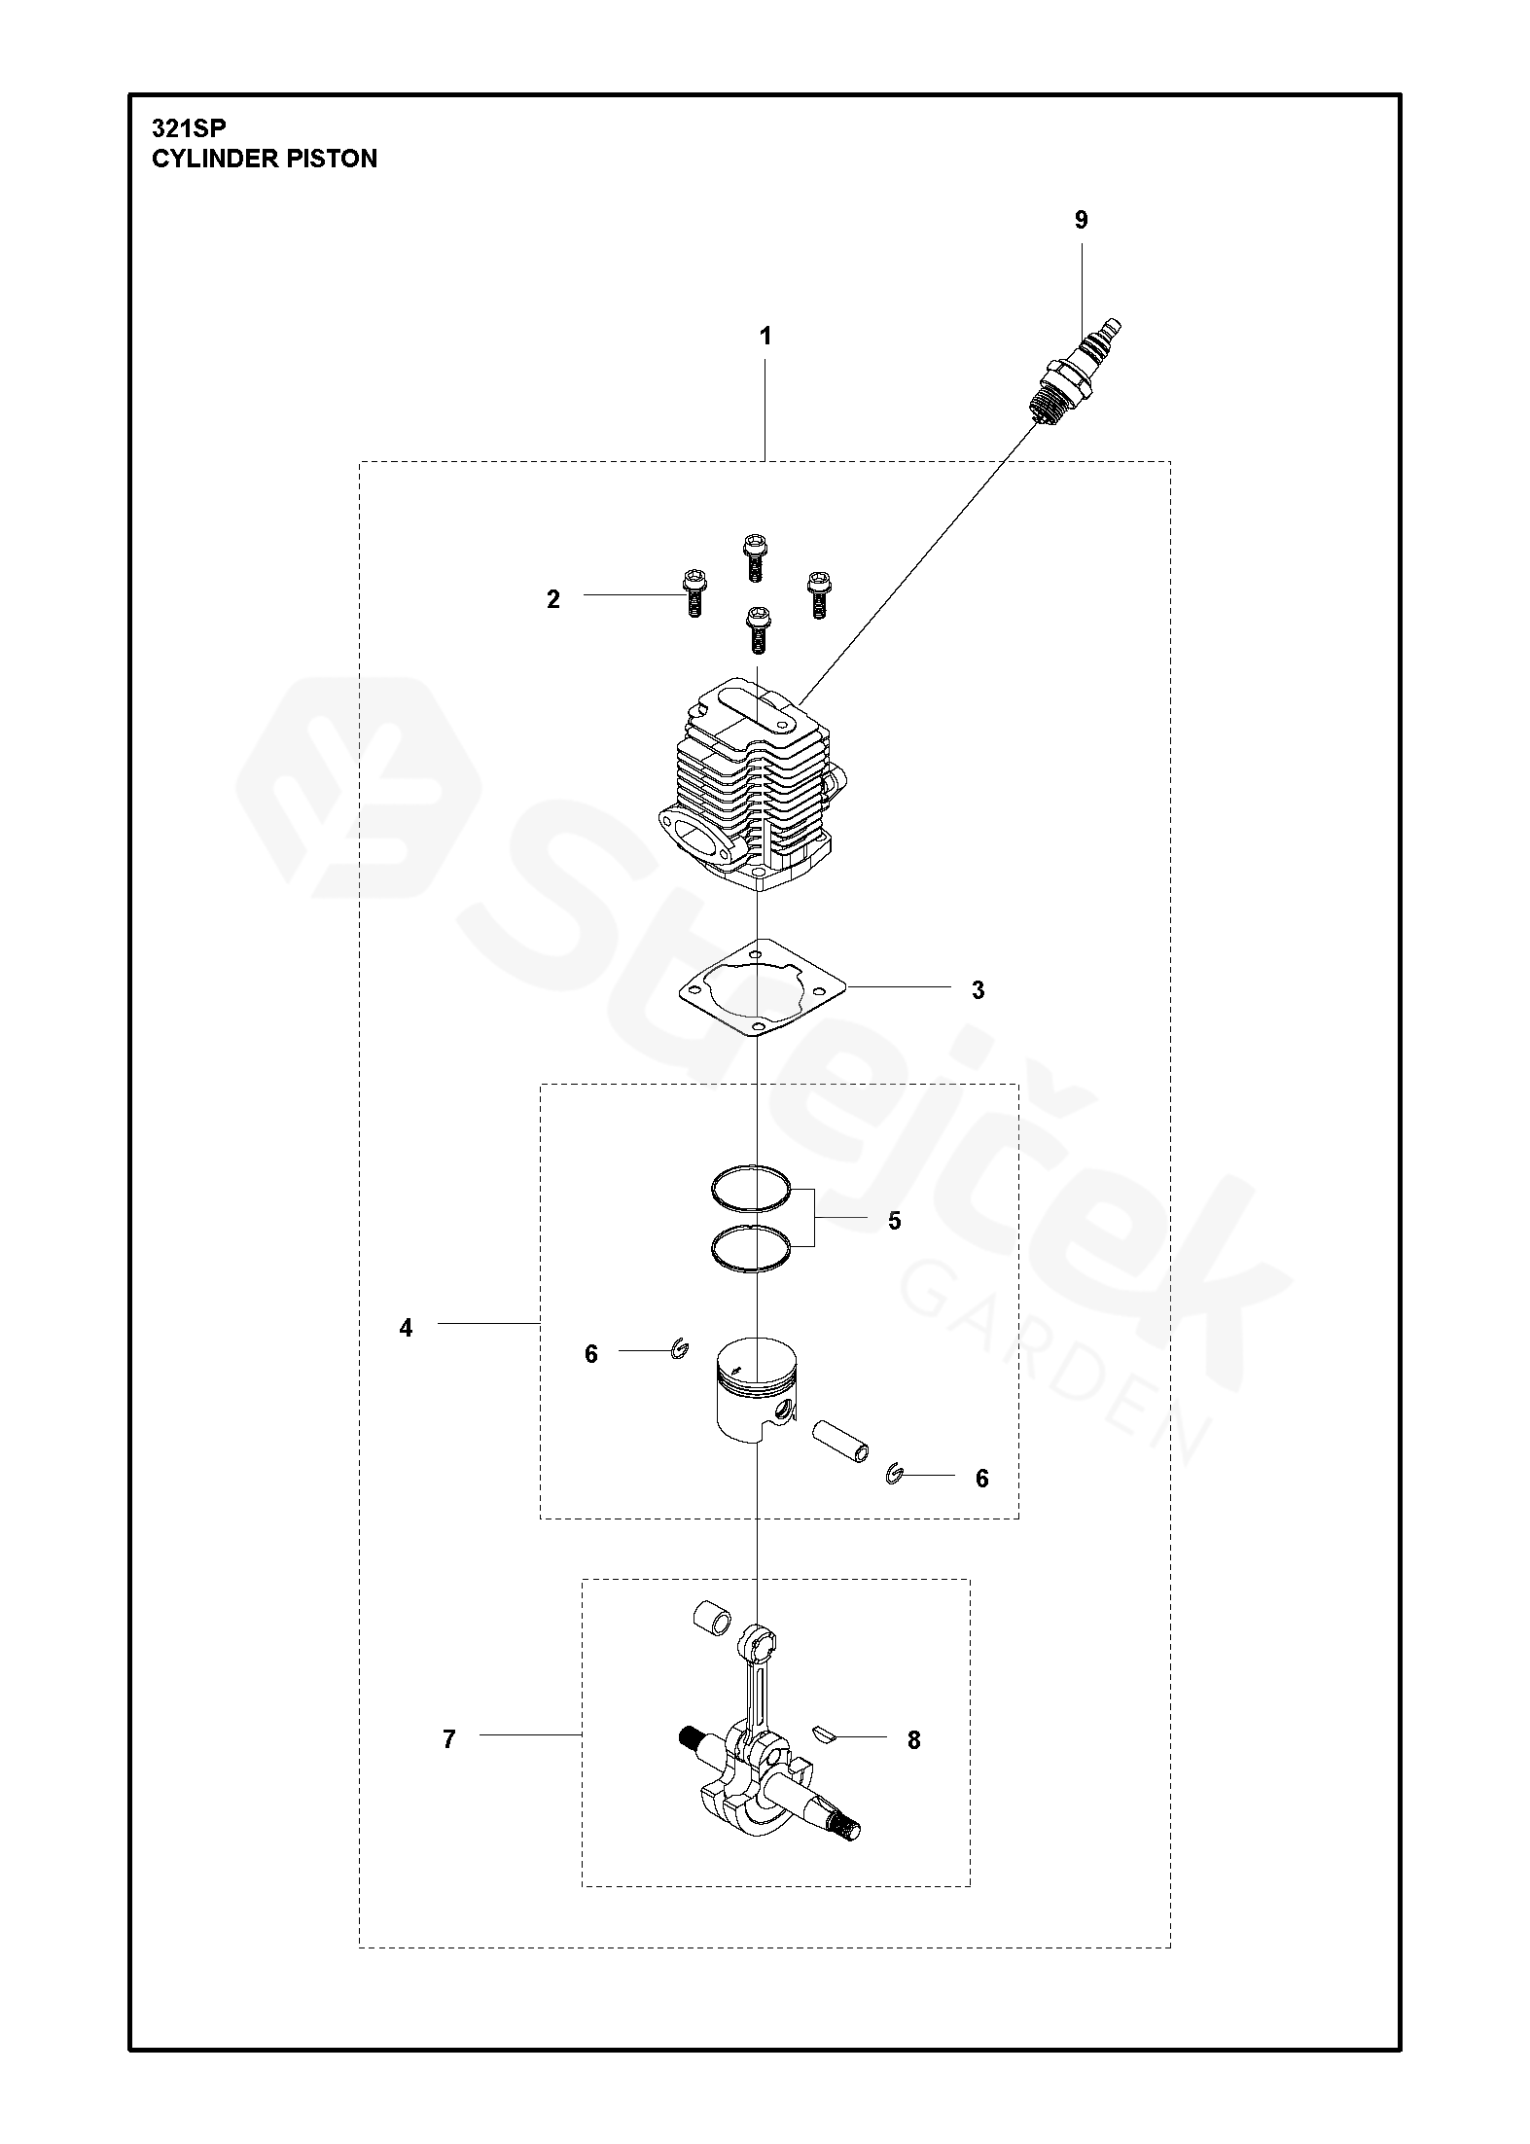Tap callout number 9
point(1081,220)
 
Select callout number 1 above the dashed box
point(765,337)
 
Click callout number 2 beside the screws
point(553,599)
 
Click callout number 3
point(978,990)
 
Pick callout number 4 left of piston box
point(406,1327)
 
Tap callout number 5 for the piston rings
point(895,1220)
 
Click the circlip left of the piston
point(681,1348)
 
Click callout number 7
point(448,1739)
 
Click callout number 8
point(913,1740)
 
